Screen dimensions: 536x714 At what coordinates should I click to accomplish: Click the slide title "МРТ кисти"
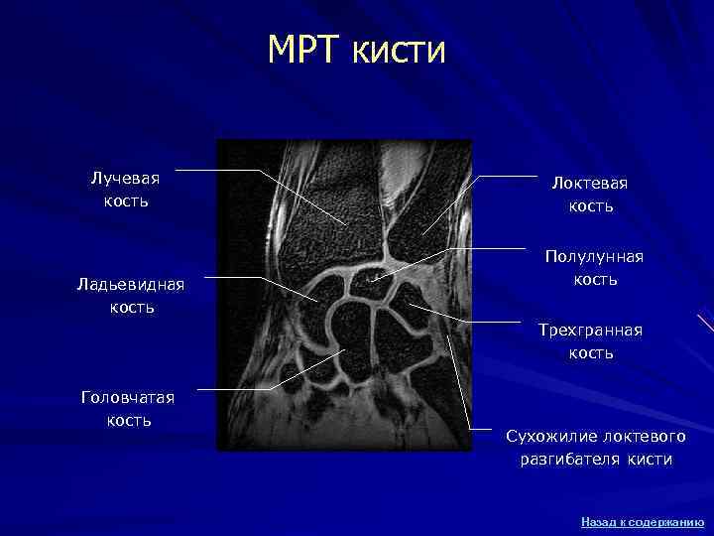[x=357, y=50]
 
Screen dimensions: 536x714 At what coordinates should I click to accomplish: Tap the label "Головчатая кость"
[x=129, y=408]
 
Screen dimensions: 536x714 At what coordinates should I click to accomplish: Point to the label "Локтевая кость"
[x=590, y=195]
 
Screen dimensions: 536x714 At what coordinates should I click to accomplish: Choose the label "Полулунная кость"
[x=594, y=267]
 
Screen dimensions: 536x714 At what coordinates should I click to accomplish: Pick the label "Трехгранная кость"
[x=590, y=340]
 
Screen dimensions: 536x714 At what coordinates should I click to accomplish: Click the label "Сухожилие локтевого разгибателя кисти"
[x=596, y=448]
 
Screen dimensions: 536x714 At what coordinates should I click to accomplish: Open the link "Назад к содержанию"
[x=643, y=521]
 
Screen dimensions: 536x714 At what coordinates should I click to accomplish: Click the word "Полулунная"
[x=594, y=257]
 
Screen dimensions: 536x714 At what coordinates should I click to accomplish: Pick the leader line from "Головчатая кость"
[x=238, y=388]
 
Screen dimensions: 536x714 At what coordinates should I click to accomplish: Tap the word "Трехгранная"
[x=590, y=330]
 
